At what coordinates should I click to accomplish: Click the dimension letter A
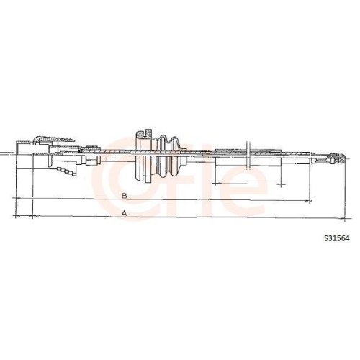pos(124,213)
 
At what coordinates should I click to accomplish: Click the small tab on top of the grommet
pos(148,131)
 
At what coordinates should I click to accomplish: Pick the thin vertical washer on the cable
pos(247,153)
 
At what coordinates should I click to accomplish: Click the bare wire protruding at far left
pos(6,153)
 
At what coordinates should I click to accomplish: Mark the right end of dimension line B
pos(311,199)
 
